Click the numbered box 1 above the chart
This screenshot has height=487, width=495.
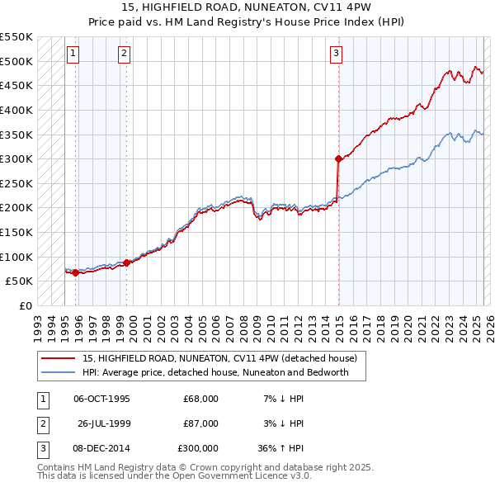point(73,54)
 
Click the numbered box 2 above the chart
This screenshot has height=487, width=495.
point(124,54)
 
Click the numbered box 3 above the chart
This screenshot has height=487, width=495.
point(337,54)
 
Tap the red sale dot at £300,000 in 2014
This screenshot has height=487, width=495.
point(338,158)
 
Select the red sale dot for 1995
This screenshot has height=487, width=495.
point(75,272)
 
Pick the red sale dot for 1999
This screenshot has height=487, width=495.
point(127,263)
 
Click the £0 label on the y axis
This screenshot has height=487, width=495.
point(25,305)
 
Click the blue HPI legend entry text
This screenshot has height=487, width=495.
point(215,372)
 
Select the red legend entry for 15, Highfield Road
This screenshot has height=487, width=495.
point(219,359)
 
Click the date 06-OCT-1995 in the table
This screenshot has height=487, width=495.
point(101,399)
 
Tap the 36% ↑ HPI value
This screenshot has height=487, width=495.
point(281,448)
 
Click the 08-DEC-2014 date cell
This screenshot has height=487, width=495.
point(101,448)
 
